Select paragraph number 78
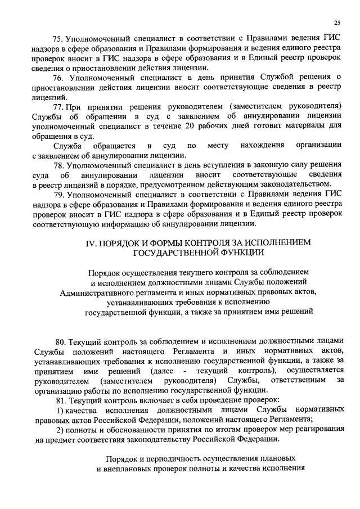coord(58,165)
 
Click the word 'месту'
coord(218,146)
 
